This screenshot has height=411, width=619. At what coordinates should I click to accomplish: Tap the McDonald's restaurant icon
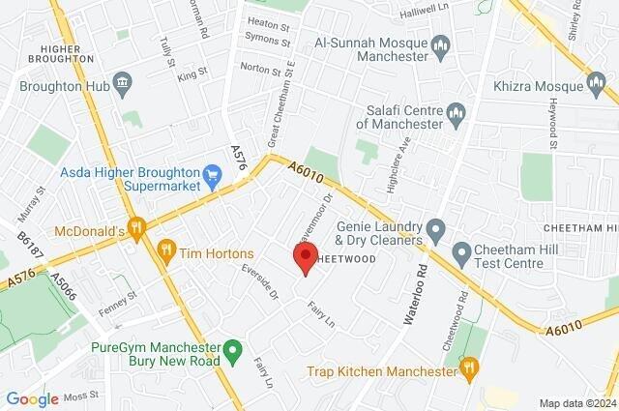tap(137, 230)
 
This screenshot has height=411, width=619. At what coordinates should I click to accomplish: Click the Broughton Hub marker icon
tap(122, 83)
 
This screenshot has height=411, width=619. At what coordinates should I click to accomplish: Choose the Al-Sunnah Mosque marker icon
tap(441, 44)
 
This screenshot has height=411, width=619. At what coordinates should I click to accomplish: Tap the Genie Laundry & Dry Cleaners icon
tap(435, 231)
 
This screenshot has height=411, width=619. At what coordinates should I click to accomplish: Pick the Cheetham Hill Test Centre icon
tap(460, 254)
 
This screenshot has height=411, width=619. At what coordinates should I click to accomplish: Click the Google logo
tap(32, 398)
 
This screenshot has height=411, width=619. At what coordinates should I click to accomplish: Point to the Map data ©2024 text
tap(576, 403)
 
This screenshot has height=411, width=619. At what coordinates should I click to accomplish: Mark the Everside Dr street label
tap(259, 280)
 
